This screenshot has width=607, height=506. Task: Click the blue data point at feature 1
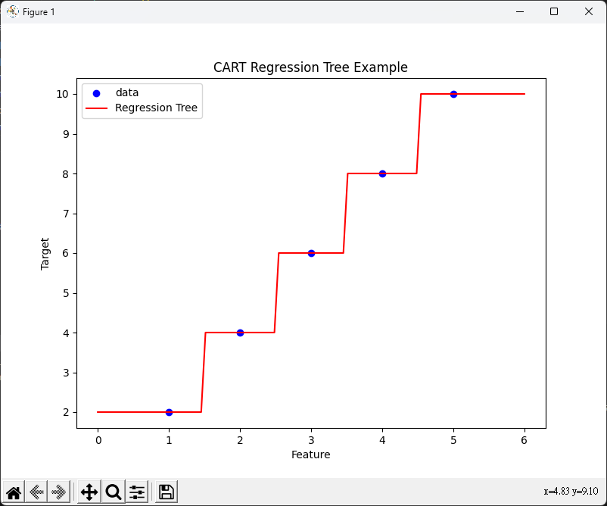coord(169,412)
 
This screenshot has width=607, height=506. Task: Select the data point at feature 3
coord(311,253)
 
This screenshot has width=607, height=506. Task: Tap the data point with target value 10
coord(453,94)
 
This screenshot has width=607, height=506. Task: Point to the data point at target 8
coord(382,173)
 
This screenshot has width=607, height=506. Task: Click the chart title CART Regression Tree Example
coord(310,67)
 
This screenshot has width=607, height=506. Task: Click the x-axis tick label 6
coord(525,440)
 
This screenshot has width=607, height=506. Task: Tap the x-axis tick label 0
coord(98,440)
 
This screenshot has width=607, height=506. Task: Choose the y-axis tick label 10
coord(62,94)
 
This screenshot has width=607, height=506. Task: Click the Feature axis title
coord(310,454)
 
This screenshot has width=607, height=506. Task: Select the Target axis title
coord(45,254)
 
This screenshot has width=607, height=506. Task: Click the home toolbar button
coord(13,492)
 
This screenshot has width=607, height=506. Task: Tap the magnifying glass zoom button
coord(114,492)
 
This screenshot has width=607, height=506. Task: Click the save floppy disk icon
coord(167,492)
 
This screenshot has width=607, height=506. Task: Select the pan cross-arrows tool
coord(89,492)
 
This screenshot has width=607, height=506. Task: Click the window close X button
coord(588,11)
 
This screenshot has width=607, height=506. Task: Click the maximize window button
coord(554,11)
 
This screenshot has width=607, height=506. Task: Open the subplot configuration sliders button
coord(137,492)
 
